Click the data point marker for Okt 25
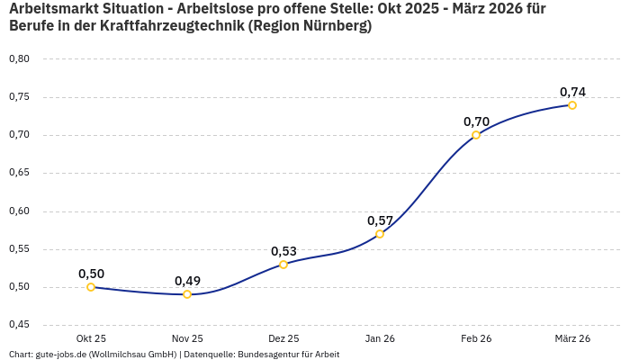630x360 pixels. click(x=91, y=287)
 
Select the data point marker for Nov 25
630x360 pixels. click(x=187, y=294)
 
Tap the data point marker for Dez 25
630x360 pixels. click(x=283, y=264)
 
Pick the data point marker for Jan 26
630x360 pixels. click(x=380, y=234)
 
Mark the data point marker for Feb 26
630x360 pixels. click(x=476, y=135)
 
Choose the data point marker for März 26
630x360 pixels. click(x=572, y=105)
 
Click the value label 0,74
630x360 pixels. click(x=572, y=92)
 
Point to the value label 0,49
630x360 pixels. click(x=187, y=281)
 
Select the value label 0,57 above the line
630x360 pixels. click(x=380, y=220)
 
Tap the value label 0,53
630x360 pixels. click(x=283, y=251)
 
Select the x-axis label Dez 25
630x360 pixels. click(x=283, y=338)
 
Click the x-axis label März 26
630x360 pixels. click(x=572, y=338)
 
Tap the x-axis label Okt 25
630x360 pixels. click(x=91, y=338)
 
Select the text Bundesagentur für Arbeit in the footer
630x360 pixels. click(x=288, y=355)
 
